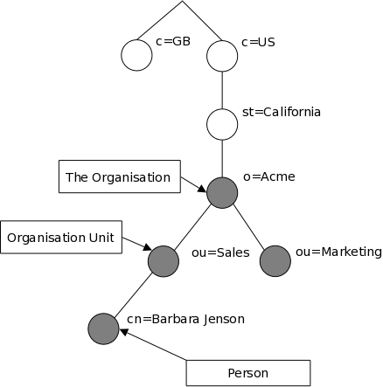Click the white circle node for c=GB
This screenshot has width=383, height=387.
136,55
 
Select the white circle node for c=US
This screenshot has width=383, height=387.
222,56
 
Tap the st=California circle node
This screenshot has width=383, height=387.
222,124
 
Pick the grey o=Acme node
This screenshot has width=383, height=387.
222,192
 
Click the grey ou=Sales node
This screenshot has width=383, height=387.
164,260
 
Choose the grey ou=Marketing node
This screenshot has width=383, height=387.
275,260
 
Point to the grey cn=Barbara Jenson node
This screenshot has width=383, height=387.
103,328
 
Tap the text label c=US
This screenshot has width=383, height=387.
258,42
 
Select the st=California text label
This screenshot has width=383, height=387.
281,112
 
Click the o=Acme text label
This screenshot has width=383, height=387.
268,176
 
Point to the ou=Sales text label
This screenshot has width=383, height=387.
220,253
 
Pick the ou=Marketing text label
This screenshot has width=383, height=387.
338,252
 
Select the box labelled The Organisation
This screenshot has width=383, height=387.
118,177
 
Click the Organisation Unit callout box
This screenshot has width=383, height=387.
61,237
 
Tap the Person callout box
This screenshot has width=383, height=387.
247,373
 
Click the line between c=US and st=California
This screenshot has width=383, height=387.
222,90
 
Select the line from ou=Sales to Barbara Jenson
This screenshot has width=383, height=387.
133,295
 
